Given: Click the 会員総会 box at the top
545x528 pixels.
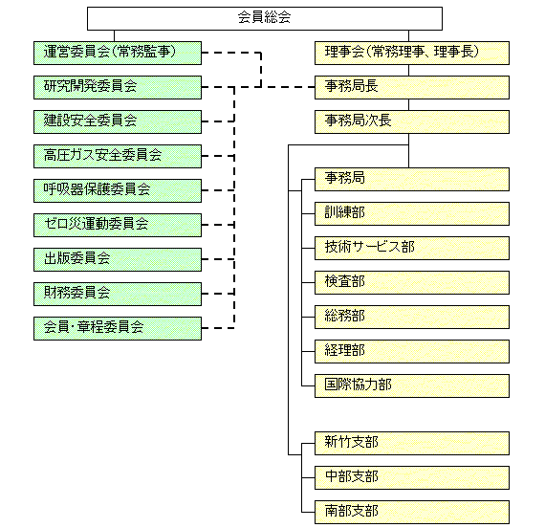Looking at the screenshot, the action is (265, 18).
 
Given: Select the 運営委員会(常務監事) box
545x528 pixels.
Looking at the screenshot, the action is (118, 53).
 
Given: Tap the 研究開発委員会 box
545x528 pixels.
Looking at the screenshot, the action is (118, 87).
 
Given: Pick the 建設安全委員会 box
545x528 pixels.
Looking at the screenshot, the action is (118, 121).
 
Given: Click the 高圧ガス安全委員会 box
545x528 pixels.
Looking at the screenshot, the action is (118, 156).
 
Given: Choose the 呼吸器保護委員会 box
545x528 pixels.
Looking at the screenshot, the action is (118, 190).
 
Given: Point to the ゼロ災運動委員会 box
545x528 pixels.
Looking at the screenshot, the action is (118, 225).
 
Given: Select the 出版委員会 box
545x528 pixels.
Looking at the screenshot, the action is (118, 259).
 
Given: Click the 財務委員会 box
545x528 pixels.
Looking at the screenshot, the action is (118, 294).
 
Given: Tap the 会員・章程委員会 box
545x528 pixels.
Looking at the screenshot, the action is (118, 328).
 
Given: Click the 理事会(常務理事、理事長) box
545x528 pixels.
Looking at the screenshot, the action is (412, 53).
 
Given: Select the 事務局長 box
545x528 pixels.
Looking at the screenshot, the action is (412, 87).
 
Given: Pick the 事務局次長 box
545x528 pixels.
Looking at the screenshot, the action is (412, 121).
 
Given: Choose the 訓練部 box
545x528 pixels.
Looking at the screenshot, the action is (412, 213).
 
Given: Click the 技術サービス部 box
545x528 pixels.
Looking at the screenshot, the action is (412, 248).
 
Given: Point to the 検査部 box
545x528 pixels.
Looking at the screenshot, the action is (412, 282).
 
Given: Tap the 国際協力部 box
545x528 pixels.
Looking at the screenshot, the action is (412, 385).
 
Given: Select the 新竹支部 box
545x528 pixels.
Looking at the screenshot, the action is (412, 443).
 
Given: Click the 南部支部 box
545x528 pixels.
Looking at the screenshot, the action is (412, 512).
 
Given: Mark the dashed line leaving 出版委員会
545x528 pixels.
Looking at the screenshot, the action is (218, 259).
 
